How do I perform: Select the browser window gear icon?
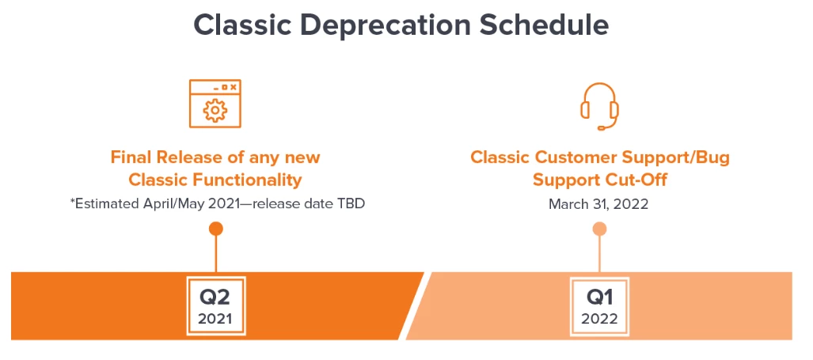pos(215,104)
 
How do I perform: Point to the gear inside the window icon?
pos(215,111)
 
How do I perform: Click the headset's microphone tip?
pos(601,127)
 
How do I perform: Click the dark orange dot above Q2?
pos(215,229)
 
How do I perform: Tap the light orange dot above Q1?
pos(599,229)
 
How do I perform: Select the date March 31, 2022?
pos(598,203)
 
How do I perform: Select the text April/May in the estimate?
pos(169,204)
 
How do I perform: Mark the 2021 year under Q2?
pos(215,318)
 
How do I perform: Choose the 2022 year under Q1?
pos(599,318)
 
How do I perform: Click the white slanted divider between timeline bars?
pos(415,305)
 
